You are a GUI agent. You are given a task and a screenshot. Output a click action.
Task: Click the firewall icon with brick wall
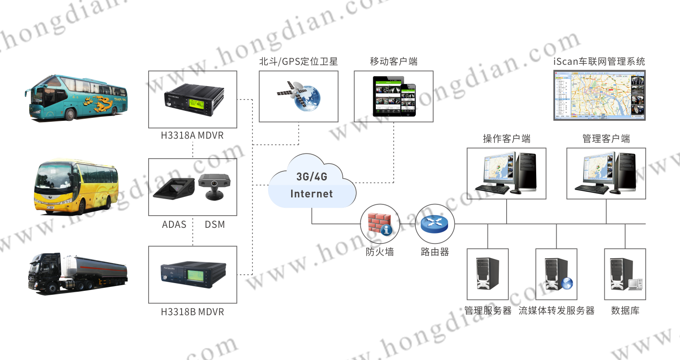pyautogui.click(x=380, y=224)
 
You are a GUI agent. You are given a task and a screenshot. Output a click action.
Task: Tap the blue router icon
pyautogui.click(x=435, y=224)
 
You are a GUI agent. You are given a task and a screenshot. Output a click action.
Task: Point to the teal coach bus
pyautogui.click(x=76, y=98)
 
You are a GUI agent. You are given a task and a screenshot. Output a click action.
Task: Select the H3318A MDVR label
pyautogui.click(x=192, y=135)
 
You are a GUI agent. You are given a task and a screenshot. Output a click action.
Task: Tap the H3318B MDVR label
pyautogui.click(x=192, y=312)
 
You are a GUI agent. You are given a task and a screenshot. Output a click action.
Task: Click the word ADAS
pyautogui.click(x=174, y=224)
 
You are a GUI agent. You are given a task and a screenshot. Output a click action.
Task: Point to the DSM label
pyautogui.click(x=215, y=224)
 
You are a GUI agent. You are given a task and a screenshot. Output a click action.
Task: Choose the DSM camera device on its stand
pyautogui.click(x=214, y=186)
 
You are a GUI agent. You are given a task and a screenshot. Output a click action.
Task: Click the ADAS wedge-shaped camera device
pyautogui.click(x=174, y=188)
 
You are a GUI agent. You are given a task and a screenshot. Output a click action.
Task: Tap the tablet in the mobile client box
pyautogui.click(x=388, y=97)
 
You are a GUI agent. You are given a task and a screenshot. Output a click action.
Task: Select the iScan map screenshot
pyautogui.click(x=599, y=95)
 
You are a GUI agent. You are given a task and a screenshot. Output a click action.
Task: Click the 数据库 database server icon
pyautogui.click(x=625, y=274)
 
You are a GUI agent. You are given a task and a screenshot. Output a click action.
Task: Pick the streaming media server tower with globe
pyautogui.click(x=557, y=274)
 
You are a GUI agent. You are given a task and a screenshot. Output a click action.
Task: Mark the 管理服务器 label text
pyautogui.click(x=488, y=310)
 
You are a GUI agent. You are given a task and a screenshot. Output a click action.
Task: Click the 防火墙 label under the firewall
pyautogui.click(x=380, y=252)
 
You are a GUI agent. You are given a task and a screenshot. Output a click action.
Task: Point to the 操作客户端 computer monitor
pyautogui.click(x=497, y=171)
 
